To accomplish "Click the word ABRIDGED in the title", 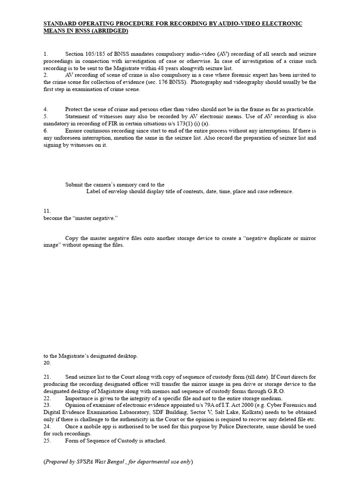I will click(109, 31).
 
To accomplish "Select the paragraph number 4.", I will click(45, 109).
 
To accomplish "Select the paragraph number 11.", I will click(47, 211).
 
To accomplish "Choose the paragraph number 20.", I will click(47, 363).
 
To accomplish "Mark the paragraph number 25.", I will click(47, 441).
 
